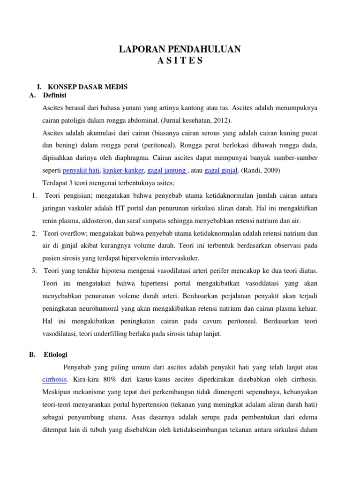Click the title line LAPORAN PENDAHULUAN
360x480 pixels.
[x=180, y=49]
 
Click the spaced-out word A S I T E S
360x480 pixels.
[x=180, y=61]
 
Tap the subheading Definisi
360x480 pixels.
[x=55, y=96]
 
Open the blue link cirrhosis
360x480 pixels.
[x=55, y=379]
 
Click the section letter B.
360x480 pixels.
[x=31, y=354]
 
